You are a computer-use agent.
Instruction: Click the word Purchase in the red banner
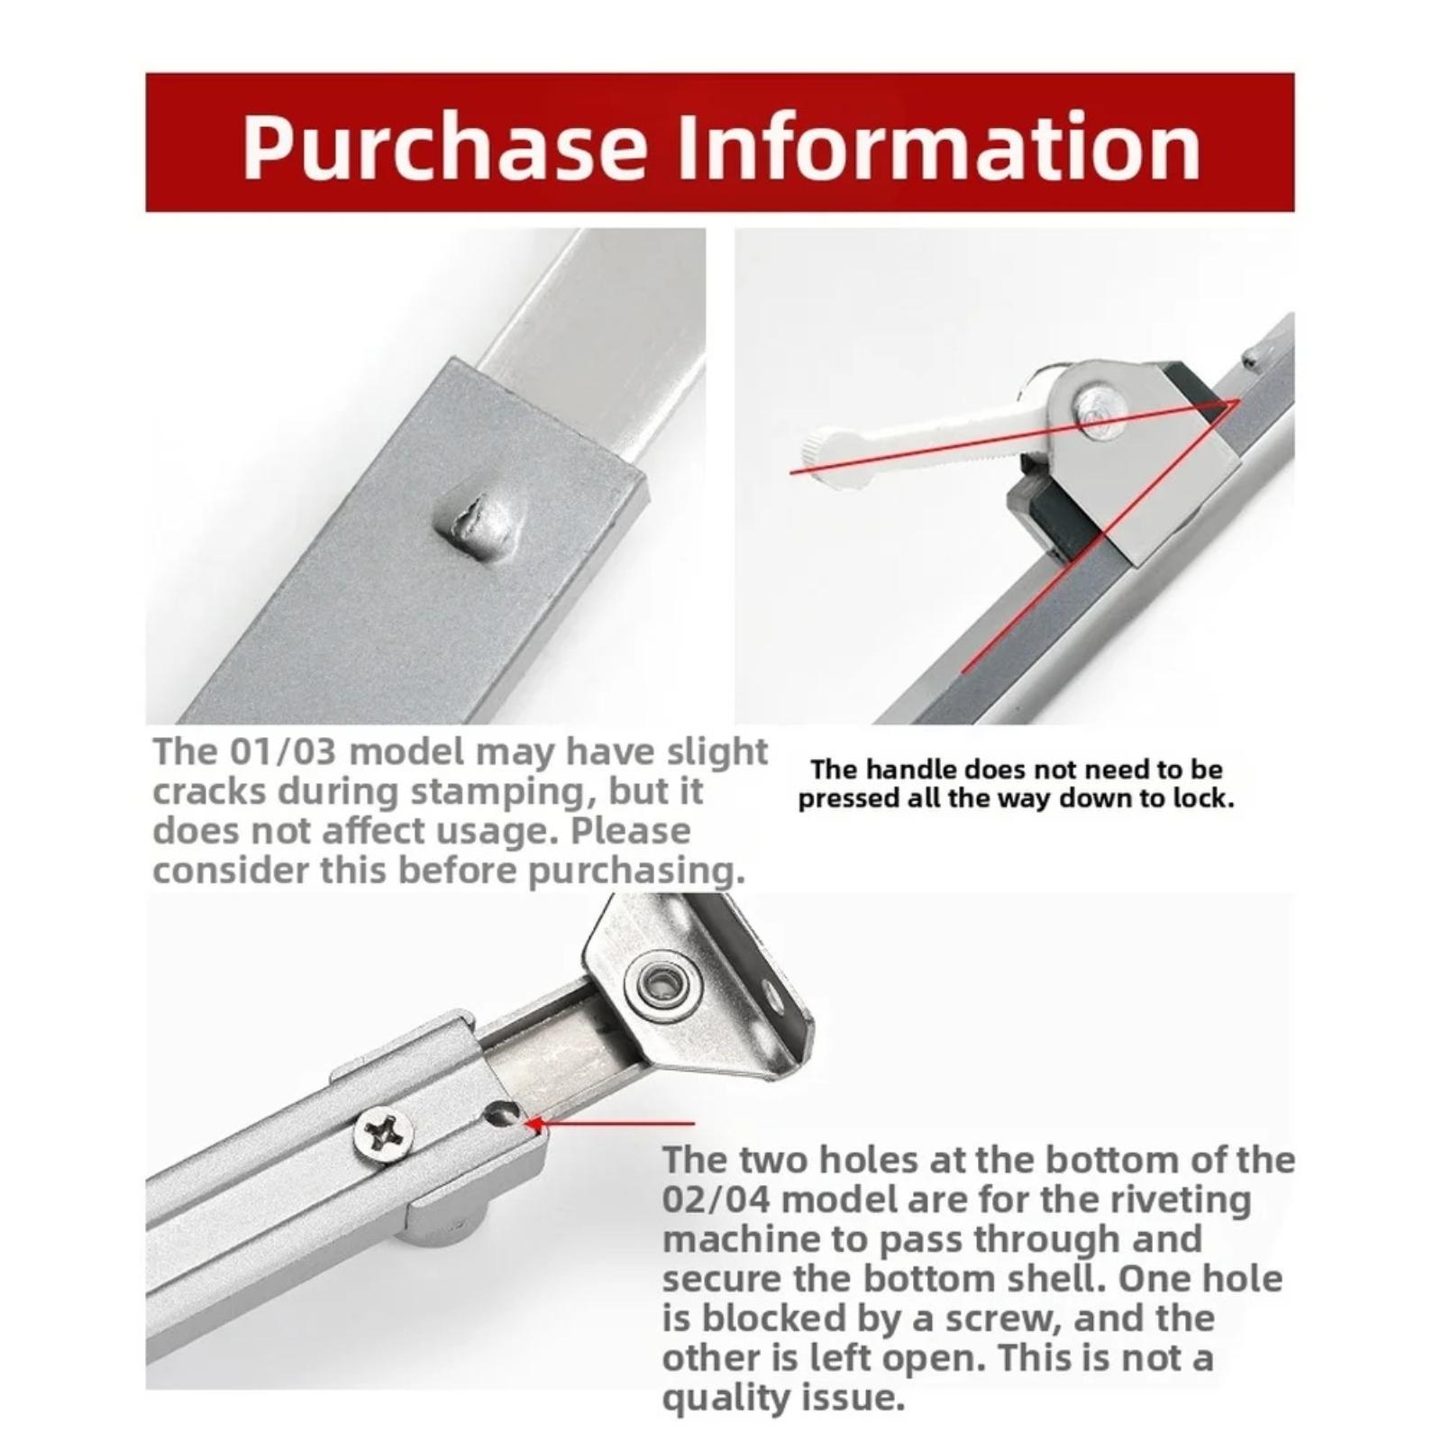444,147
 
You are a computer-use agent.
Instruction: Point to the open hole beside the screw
497,1115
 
